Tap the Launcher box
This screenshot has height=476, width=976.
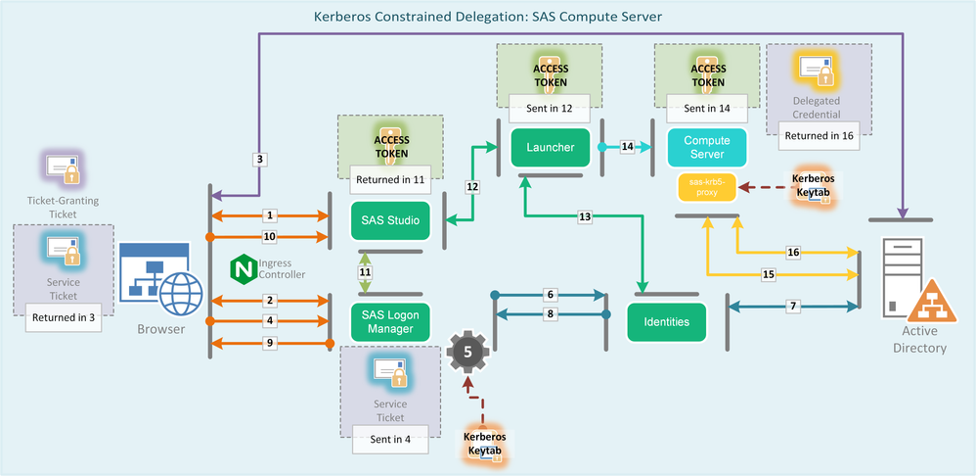[549, 147]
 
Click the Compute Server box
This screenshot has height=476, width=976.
[706, 147]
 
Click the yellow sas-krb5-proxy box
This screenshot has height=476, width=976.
[705, 186]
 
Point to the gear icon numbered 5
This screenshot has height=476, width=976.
[466, 351]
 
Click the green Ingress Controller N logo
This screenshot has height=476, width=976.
[243, 267]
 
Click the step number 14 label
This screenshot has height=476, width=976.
[628, 147]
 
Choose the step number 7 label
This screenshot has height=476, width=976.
[792, 307]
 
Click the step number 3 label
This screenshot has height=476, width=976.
[259, 159]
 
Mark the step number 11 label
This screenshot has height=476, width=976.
[366, 271]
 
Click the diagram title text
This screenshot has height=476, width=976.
[488, 17]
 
